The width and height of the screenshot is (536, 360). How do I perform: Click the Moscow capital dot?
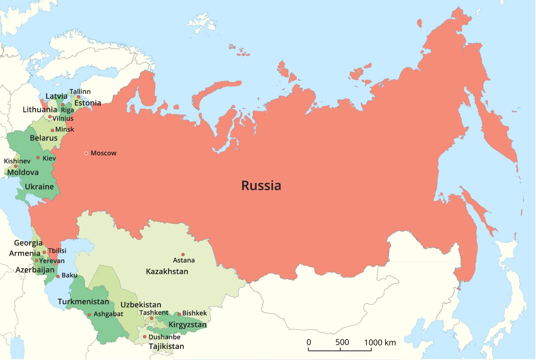(86, 153)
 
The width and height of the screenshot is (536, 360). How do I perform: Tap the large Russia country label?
(261, 186)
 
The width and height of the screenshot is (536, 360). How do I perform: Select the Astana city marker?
(183, 255)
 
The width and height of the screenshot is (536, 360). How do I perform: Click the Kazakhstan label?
(167, 271)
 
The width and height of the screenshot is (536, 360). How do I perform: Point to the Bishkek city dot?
(179, 314)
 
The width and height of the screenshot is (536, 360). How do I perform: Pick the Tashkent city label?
(154, 312)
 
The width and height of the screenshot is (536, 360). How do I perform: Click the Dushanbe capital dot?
(145, 337)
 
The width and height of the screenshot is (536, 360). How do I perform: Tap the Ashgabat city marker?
(89, 315)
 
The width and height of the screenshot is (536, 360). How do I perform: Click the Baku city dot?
(58, 276)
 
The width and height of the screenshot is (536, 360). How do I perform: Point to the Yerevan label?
(52, 261)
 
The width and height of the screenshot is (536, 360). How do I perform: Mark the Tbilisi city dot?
(44, 252)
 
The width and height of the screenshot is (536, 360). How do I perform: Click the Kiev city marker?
(38, 158)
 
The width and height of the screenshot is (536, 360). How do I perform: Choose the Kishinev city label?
(17, 161)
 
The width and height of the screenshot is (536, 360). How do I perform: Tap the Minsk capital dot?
(52, 130)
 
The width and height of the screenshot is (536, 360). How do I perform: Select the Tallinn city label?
(80, 92)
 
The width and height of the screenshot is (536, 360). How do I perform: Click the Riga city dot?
(63, 105)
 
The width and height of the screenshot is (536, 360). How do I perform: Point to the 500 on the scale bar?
(342, 342)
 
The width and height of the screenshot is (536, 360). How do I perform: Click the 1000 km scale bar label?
(380, 342)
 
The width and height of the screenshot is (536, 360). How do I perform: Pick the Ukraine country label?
(39, 186)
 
